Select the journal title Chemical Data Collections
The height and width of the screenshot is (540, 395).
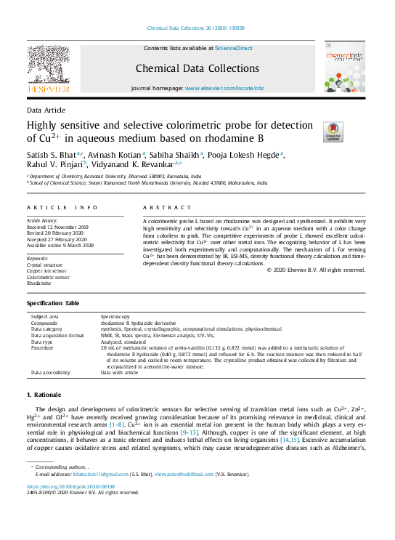click(197, 69)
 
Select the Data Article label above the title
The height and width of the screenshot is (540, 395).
click(44, 110)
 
